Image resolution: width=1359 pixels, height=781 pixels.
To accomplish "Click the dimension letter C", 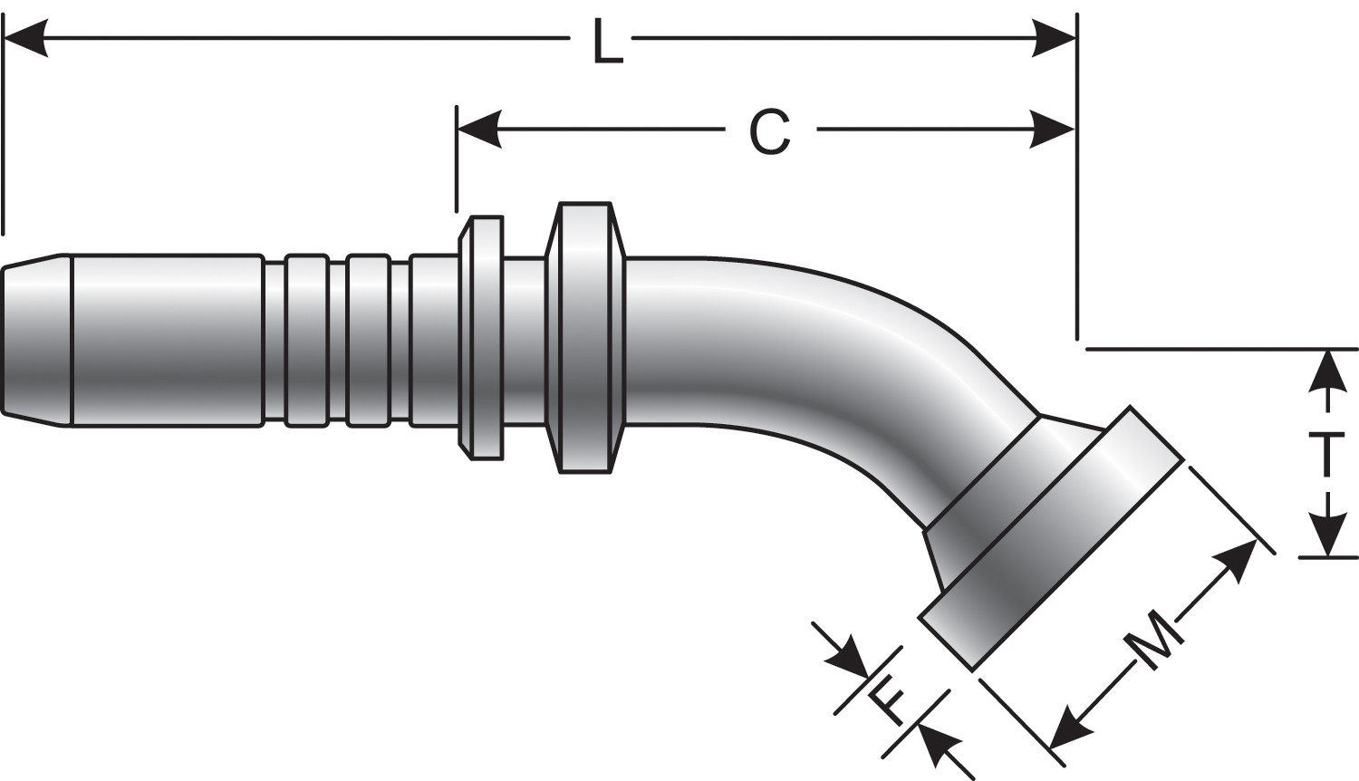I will (771, 132).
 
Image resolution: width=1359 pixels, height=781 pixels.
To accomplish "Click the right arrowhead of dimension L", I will (1055, 39).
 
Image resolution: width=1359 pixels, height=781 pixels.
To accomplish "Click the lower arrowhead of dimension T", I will (1327, 535).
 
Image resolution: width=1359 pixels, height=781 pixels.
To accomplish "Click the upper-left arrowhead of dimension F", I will (848, 657).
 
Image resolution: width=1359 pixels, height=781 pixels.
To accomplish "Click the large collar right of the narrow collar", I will (584, 337).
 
